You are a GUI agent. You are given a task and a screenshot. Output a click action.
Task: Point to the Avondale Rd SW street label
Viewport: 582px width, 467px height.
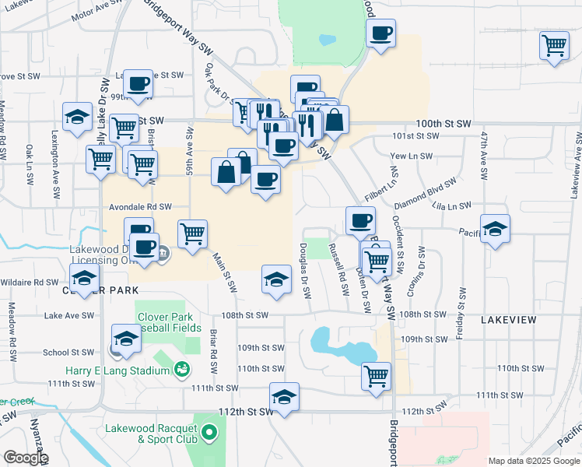[139, 208]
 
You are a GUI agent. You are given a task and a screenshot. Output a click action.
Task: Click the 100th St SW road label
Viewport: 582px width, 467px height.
[444, 124]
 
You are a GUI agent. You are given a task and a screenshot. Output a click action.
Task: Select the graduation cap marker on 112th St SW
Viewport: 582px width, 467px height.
[284, 396]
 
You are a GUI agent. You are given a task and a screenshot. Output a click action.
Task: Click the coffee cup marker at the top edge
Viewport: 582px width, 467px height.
[380, 33]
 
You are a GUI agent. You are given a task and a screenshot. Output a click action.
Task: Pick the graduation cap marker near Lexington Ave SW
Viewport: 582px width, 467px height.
[78, 117]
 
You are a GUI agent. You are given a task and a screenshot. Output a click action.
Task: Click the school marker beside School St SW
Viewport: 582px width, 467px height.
[125, 338]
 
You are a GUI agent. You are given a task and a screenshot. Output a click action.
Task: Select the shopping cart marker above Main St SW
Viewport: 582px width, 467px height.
[192, 232]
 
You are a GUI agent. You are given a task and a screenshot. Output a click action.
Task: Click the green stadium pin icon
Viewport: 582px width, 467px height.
[181, 369]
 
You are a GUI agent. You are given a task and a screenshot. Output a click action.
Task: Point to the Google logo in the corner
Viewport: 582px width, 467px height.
[26, 458]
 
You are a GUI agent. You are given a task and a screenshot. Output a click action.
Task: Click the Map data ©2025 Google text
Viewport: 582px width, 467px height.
[534, 461]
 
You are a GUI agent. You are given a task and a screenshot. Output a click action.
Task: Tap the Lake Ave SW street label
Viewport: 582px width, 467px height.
[63, 315]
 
